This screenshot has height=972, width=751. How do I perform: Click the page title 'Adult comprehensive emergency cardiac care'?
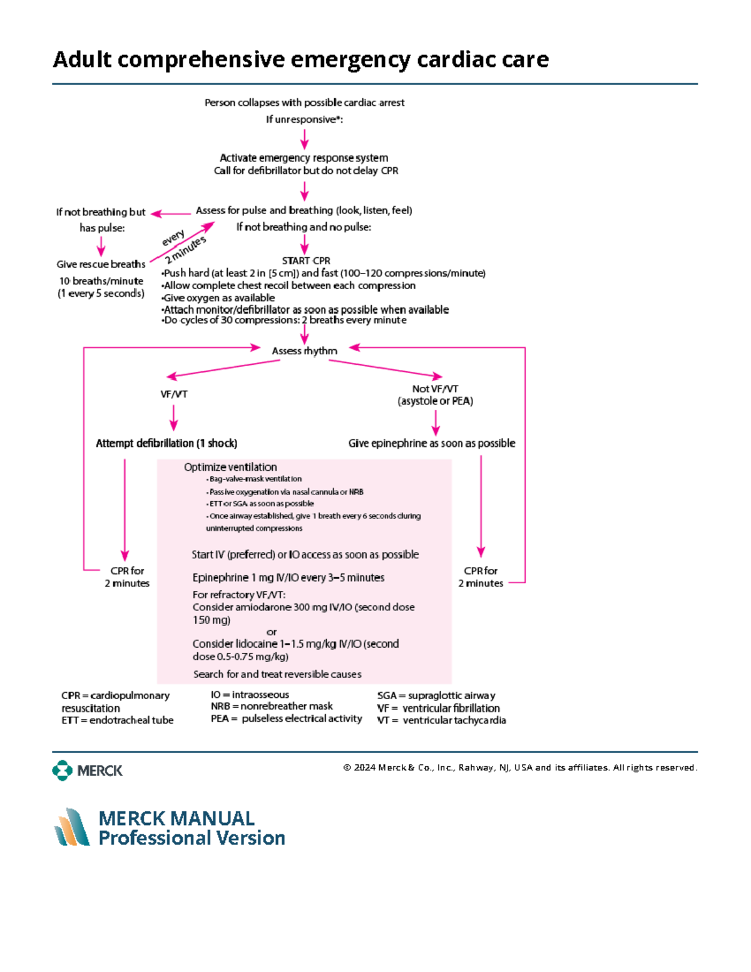point(300,59)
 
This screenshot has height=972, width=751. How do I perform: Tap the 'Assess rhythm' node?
point(304,351)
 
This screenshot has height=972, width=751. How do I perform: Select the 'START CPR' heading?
point(305,260)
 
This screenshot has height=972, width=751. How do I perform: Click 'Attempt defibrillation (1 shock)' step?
point(166,443)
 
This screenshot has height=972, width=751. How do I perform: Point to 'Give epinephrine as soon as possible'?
point(431,443)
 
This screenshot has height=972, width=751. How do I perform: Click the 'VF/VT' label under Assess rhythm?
point(173,394)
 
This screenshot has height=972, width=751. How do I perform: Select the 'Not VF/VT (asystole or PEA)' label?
point(435,395)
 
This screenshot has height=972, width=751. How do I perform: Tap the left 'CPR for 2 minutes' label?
point(127,577)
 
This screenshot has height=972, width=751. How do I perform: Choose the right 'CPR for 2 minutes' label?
point(480,577)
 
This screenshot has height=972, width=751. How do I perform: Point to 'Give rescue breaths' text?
point(101,264)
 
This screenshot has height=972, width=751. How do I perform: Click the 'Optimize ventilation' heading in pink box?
point(230,467)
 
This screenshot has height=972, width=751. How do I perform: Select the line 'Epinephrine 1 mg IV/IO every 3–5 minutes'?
point(288,578)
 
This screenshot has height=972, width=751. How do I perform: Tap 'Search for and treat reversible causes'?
point(277,674)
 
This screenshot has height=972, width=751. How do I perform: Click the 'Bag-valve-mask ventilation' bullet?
point(255,479)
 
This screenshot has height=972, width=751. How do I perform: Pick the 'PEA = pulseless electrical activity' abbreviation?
point(286,719)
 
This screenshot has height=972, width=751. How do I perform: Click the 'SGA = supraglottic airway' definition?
point(436,695)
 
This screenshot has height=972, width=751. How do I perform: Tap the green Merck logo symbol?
point(62,770)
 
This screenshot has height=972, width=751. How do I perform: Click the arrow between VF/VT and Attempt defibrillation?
point(173,417)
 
